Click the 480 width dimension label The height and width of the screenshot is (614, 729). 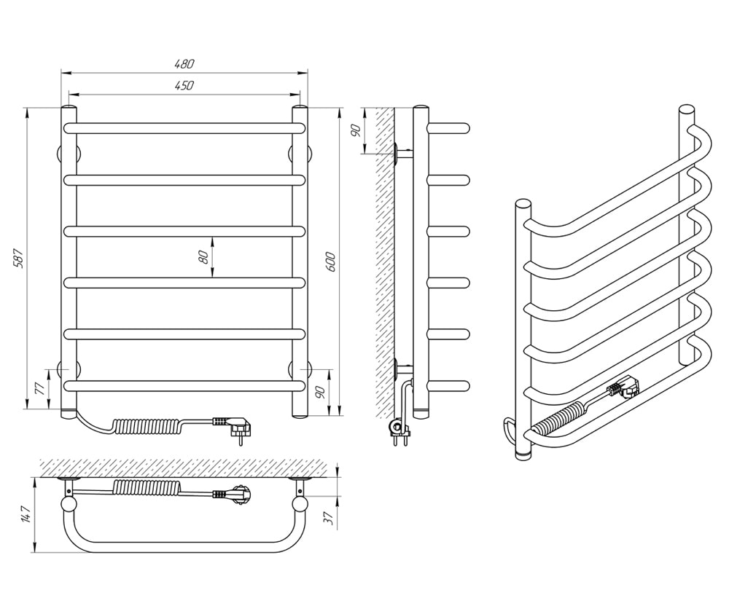(184, 63)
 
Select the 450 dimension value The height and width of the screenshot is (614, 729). (184, 85)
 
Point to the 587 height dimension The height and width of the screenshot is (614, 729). (18, 259)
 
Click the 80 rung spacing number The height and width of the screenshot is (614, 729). (203, 257)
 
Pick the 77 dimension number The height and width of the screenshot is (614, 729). (40, 388)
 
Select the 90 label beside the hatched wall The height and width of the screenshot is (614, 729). (356, 131)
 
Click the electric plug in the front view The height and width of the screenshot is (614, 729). (236, 426)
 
